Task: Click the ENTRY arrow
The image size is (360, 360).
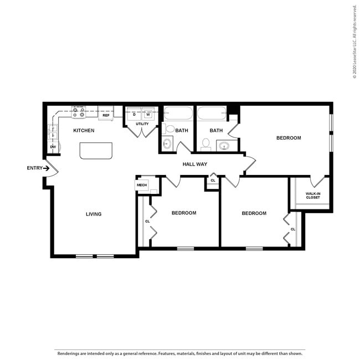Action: click(x=47, y=168)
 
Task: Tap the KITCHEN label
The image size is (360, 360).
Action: click(x=84, y=131)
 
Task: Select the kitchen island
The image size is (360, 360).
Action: click(x=96, y=151)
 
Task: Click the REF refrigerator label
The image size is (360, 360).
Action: click(x=106, y=115)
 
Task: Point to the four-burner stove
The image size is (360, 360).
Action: click(x=79, y=112)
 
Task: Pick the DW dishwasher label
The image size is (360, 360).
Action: click(x=53, y=147)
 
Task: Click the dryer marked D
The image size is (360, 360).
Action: click(x=134, y=115)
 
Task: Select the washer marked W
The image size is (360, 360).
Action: click(x=148, y=115)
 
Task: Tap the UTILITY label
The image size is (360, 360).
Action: click(x=142, y=124)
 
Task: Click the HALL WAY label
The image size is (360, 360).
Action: click(x=194, y=164)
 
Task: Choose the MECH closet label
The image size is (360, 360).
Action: click(x=142, y=185)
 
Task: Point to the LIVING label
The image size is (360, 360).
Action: click(x=94, y=214)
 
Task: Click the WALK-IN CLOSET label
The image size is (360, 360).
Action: click(x=313, y=195)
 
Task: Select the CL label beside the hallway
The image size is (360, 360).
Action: click(x=213, y=181)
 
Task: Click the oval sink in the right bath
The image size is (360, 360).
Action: click(x=224, y=146)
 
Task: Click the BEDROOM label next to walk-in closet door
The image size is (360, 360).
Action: click(x=289, y=138)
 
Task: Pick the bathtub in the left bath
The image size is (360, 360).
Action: click(x=178, y=115)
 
